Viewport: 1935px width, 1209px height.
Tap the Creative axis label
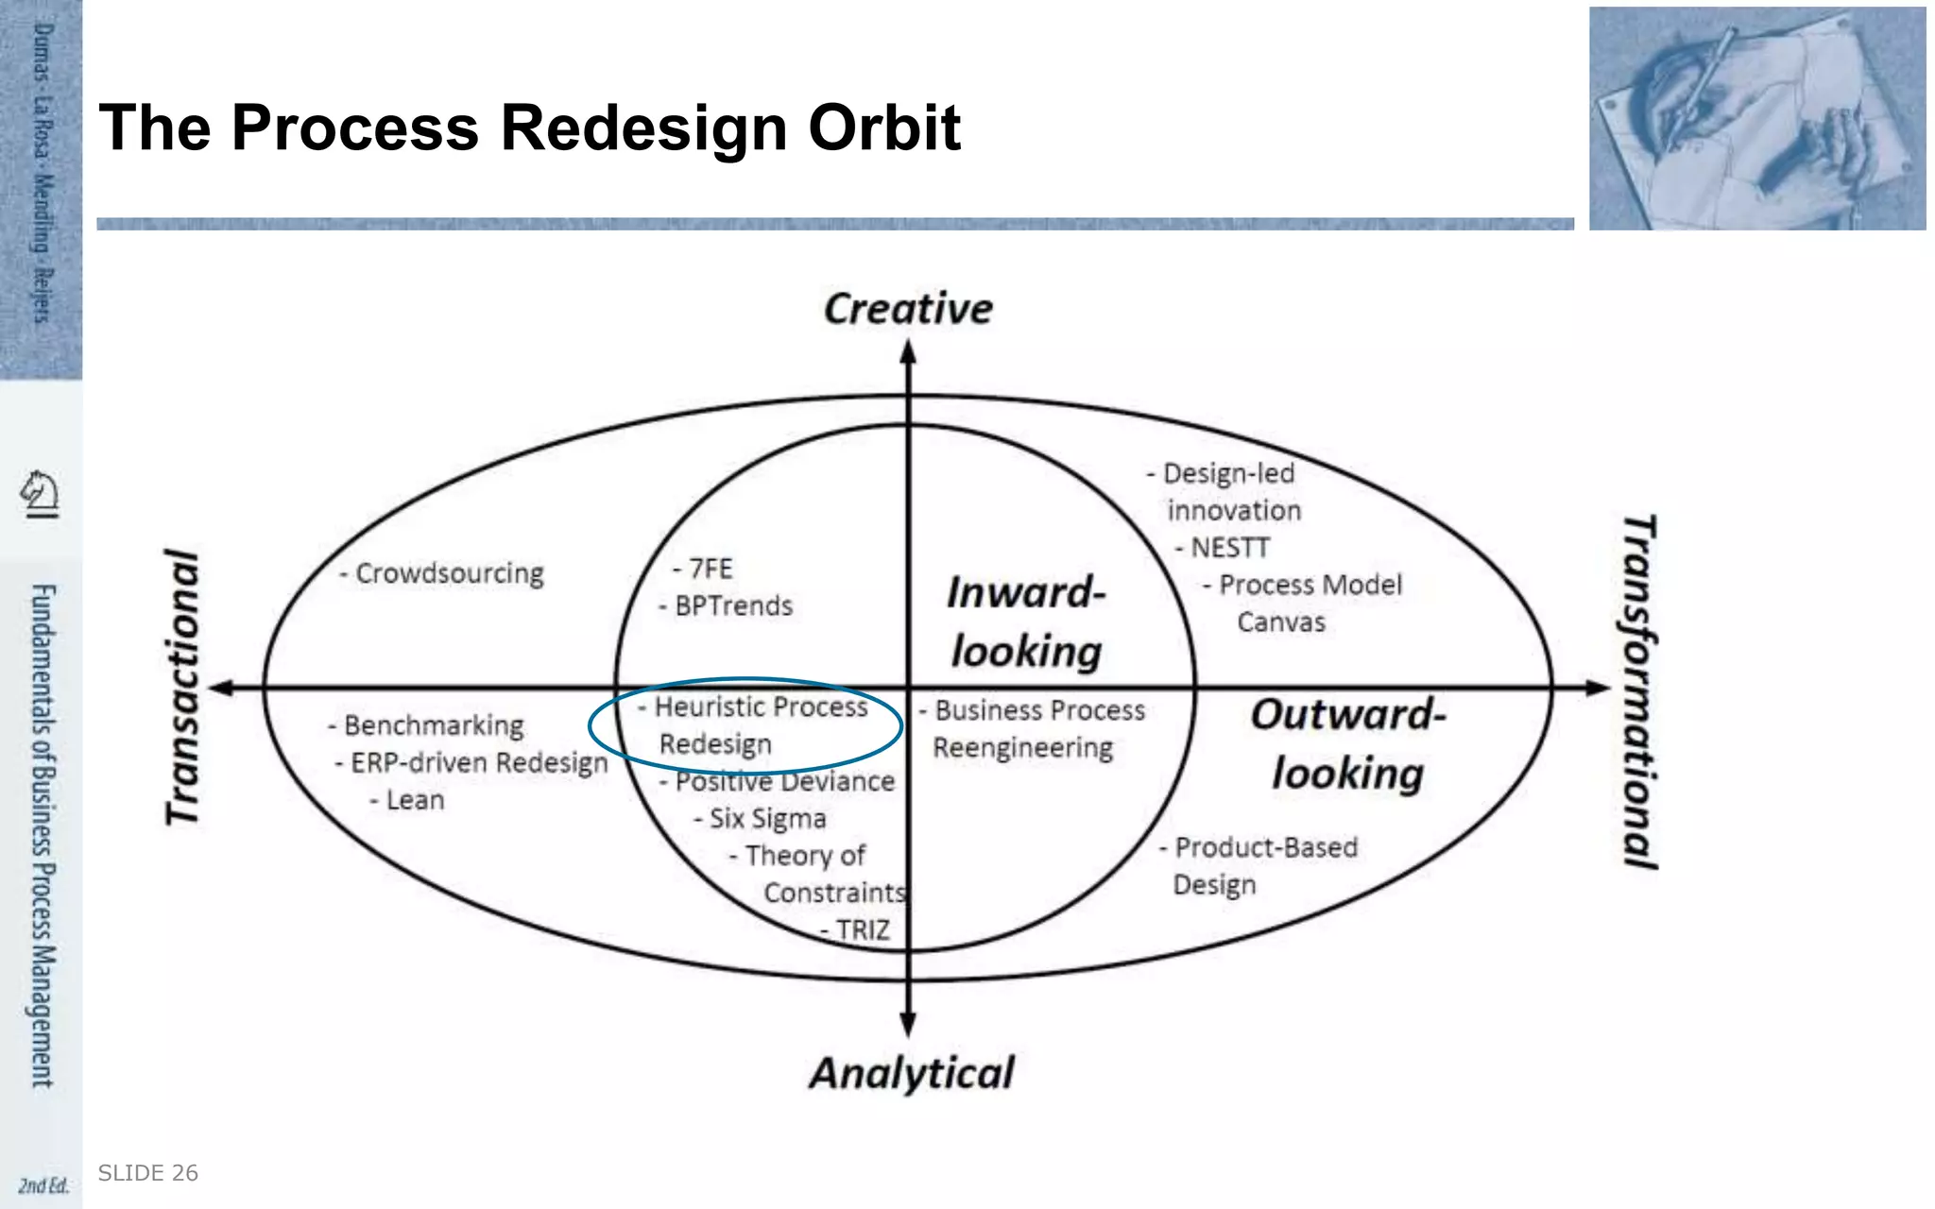[x=908, y=309]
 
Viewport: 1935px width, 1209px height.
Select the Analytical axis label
[x=912, y=1074]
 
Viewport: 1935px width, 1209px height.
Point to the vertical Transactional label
[x=183, y=688]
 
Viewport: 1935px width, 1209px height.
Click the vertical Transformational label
[x=1639, y=691]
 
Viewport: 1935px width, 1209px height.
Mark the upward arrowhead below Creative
[x=908, y=352]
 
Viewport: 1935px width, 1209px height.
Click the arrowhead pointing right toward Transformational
[x=1598, y=688]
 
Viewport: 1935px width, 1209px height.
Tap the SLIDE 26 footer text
[x=148, y=1173]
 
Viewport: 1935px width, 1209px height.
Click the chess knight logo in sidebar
[x=41, y=493]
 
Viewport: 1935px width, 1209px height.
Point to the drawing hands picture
[x=1756, y=118]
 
